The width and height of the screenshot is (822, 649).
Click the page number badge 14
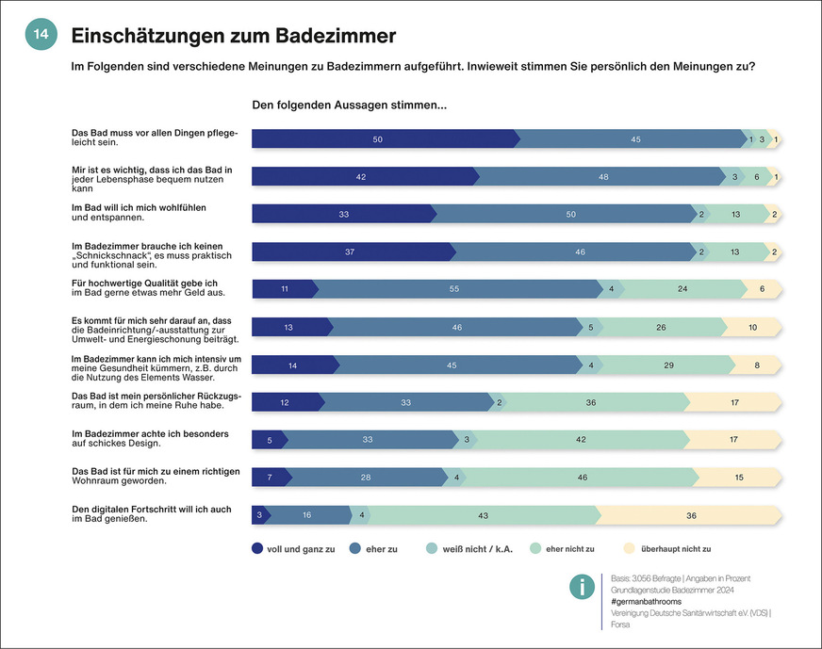coord(41,34)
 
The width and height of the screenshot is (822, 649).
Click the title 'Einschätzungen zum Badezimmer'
coord(233,35)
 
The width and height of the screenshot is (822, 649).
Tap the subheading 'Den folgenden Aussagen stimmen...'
coord(349,105)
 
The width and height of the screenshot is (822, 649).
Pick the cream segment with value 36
coord(691,514)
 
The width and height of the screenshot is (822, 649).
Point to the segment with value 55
coord(455,289)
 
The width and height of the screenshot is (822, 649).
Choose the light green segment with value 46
coord(583,478)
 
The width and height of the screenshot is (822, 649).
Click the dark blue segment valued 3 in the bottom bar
coord(259,514)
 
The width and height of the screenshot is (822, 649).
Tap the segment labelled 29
coord(668,365)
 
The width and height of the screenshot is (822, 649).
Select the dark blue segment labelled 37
coord(351,251)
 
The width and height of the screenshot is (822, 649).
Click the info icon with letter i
coord(582,587)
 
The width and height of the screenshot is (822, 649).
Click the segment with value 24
coord(682,289)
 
